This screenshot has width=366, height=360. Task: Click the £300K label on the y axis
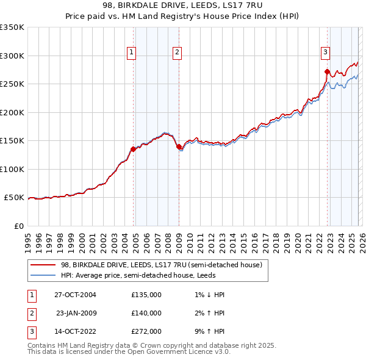[x=12, y=56]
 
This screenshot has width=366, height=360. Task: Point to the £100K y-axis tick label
[x=12, y=169]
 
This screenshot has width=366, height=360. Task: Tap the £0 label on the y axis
[x=19, y=226]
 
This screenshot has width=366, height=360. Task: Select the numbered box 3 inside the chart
[x=326, y=53]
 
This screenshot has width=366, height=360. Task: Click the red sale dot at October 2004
[x=133, y=149]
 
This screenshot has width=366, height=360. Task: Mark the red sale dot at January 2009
[x=179, y=146]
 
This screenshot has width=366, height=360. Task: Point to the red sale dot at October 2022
[x=328, y=71]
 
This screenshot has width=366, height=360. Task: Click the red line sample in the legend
[x=43, y=265]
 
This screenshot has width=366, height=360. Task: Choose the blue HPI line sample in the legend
[x=43, y=275]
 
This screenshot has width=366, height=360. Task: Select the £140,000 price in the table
[x=146, y=313]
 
